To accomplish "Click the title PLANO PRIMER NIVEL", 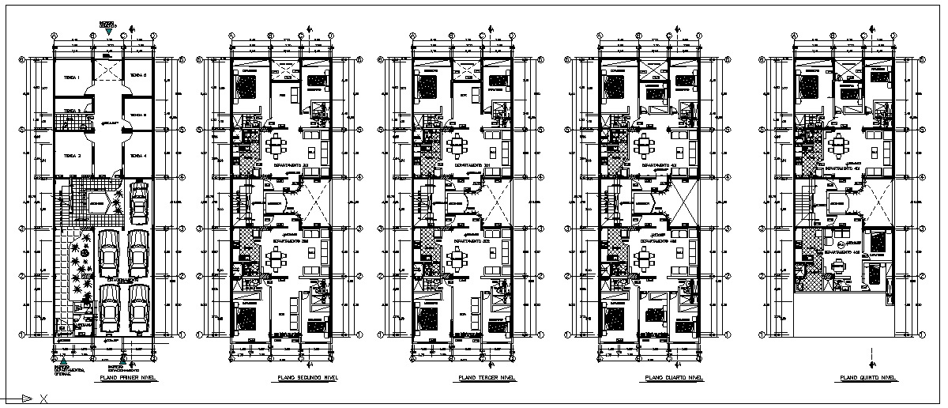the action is (126, 379).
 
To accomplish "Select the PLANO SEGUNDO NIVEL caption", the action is (304, 379).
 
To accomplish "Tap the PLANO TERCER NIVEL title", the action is (486, 379).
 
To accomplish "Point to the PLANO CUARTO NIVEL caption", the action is (674, 379).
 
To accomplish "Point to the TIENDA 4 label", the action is (138, 155).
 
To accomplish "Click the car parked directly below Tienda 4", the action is (140, 202).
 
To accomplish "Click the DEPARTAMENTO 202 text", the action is (288, 240).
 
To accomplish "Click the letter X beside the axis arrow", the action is (43, 398).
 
